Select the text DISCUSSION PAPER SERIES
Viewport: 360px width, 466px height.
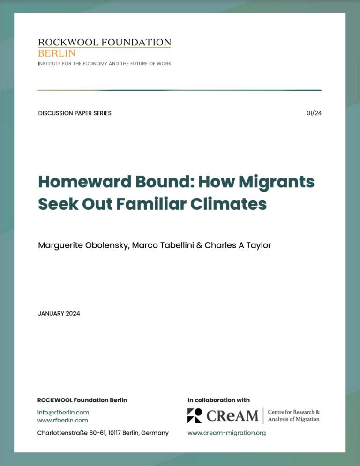click(x=75, y=113)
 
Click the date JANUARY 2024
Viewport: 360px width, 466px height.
click(x=59, y=313)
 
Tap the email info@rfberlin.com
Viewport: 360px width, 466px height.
click(x=63, y=413)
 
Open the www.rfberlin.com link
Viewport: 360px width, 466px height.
click(x=63, y=421)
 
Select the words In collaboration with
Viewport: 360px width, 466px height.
click(x=218, y=400)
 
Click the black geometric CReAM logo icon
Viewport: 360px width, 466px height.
click(x=195, y=415)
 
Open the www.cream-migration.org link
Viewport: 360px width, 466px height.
click(x=226, y=433)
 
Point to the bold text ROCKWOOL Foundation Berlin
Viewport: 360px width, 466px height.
click(x=82, y=400)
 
